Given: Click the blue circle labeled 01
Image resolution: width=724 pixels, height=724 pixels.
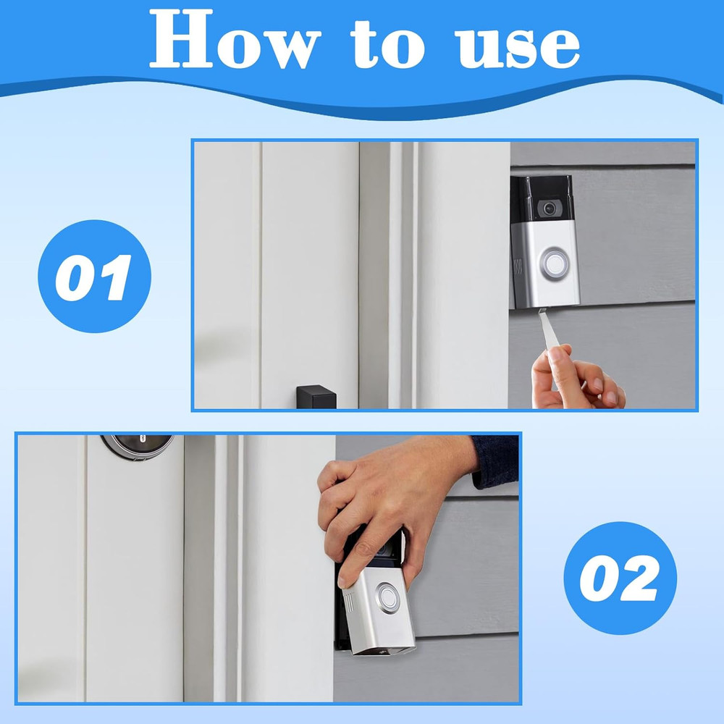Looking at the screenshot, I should (94, 277).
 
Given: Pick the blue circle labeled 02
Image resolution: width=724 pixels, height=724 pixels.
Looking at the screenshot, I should (620, 578).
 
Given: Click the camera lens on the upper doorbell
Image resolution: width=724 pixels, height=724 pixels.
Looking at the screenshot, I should (548, 208).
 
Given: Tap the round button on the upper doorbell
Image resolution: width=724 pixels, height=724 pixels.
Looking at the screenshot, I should (554, 261).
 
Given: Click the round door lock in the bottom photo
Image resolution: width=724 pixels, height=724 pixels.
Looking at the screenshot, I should (137, 444).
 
